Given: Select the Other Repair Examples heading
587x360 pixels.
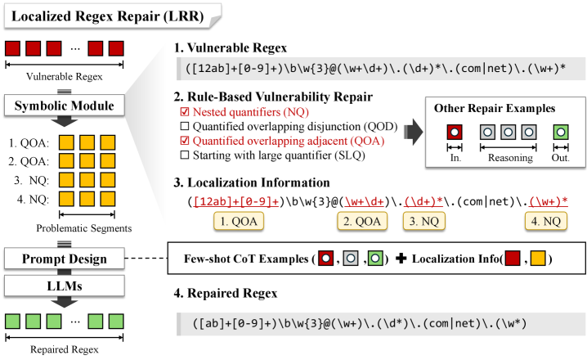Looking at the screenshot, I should (x=495, y=109).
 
